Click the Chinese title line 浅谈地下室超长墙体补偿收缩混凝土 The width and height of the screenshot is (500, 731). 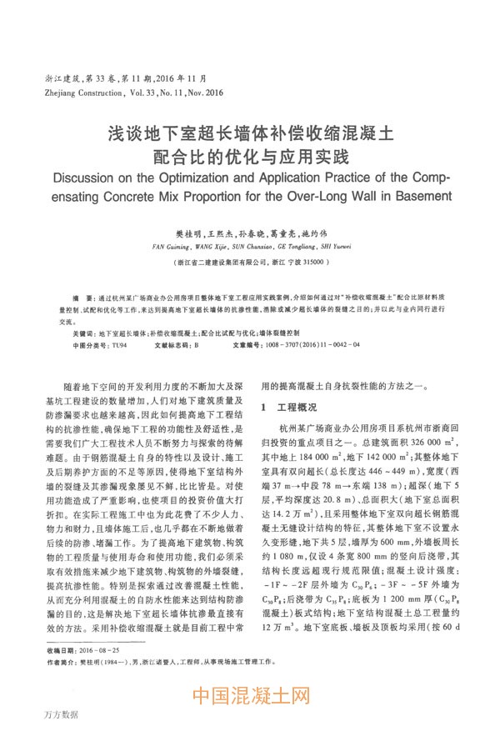[249, 133]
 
